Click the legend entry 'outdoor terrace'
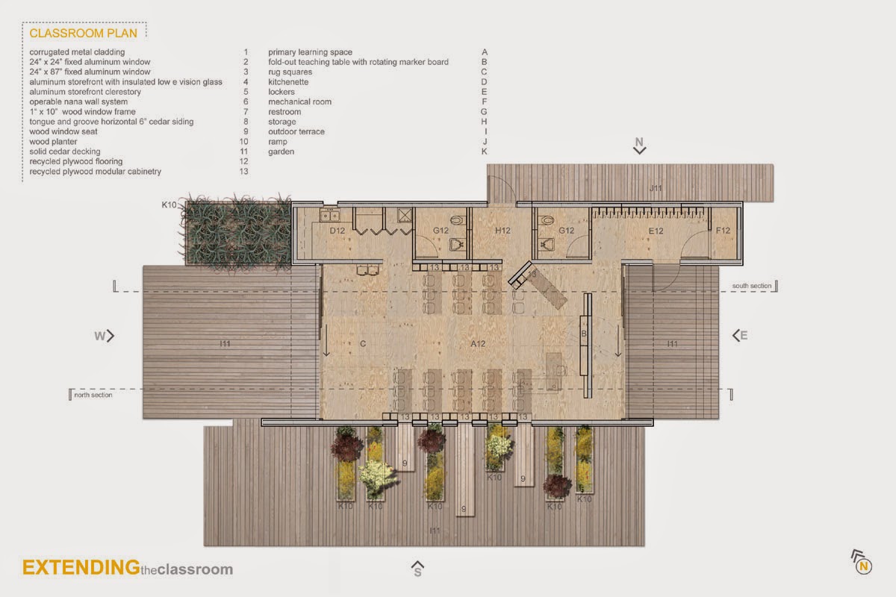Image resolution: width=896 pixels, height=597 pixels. (x=296, y=131)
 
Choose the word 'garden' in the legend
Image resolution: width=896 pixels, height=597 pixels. (x=281, y=151)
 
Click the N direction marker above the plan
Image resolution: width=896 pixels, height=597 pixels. (x=639, y=145)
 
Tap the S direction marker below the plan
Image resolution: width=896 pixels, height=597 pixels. (x=418, y=569)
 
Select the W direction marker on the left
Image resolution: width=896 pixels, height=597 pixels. (x=105, y=336)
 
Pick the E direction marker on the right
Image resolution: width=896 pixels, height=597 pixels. (x=740, y=336)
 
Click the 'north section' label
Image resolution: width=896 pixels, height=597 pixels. (x=93, y=395)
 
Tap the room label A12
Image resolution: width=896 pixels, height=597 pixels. (x=479, y=344)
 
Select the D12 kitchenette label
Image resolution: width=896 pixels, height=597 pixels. (x=337, y=231)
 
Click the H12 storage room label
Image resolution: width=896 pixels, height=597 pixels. (x=502, y=231)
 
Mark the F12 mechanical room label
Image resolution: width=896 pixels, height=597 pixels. (x=724, y=231)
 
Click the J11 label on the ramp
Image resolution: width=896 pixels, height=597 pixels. (x=655, y=189)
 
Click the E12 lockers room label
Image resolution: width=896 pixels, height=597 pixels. (x=655, y=231)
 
